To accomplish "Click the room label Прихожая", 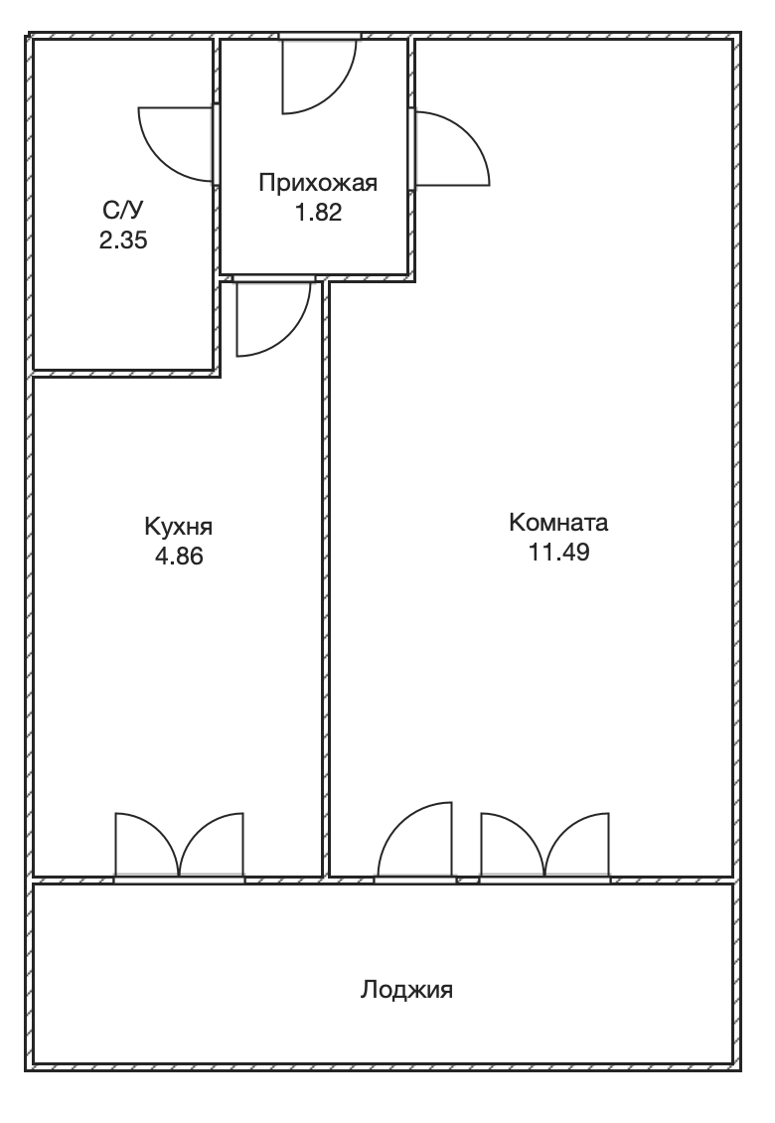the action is (317, 183).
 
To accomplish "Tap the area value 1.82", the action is (318, 213).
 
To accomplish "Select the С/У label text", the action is (123, 210).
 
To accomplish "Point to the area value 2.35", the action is (123, 240).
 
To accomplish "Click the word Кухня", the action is (179, 527).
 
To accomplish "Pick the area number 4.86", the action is (179, 557).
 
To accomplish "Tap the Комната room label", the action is (558, 522).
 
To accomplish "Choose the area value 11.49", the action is (558, 553).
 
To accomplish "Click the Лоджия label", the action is (406, 991).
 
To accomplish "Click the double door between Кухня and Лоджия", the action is (179, 845).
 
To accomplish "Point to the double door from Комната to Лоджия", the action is (545, 845).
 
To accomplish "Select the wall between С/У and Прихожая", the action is (217, 204).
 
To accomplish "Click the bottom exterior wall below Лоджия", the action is (384, 1067).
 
